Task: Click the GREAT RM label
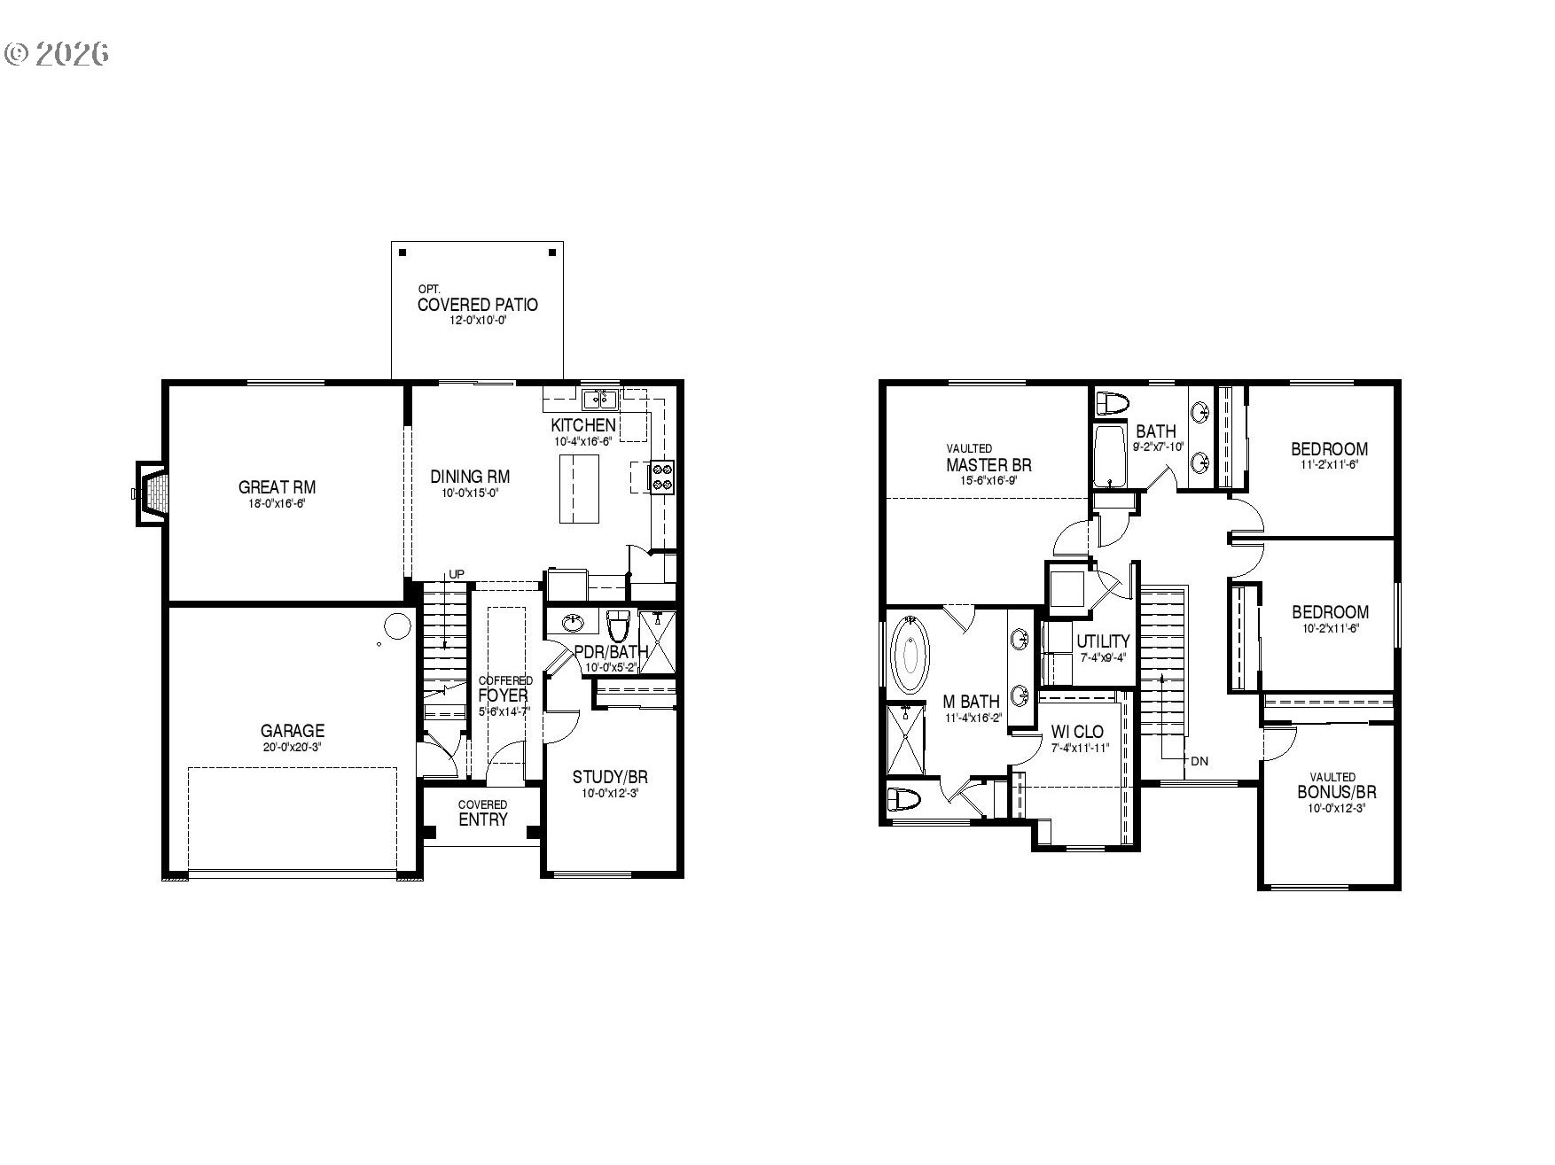pyautogui.click(x=277, y=487)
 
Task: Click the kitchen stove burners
pyautogui.click(x=662, y=477)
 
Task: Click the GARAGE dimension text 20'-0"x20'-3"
pyautogui.click(x=292, y=747)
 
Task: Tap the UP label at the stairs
pyautogui.click(x=456, y=574)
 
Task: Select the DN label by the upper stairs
pyautogui.click(x=1199, y=761)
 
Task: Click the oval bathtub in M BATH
pyautogui.click(x=910, y=656)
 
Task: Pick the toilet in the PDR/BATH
pyautogui.click(x=618, y=626)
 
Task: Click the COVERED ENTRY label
pyautogui.click(x=483, y=814)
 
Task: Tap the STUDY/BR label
pyautogui.click(x=610, y=778)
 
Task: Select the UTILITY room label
pyautogui.click(x=1103, y=641)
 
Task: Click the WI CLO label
pyautogui.click(x=1077, y=732)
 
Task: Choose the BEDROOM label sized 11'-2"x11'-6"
pyautogui.click(x=1329, y=449)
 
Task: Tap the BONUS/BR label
pyautogui.click(x=1336, y=792)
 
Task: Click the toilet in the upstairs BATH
pyautogui.click(x=1113, y=403)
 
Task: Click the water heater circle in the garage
pyautogui.click(x=396, y=625)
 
